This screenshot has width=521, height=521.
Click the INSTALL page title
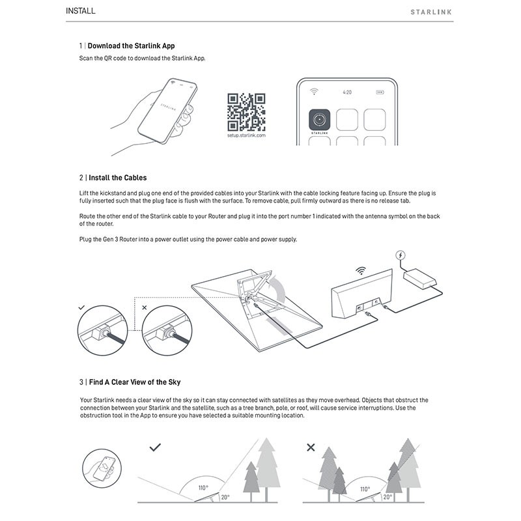[x=81, y=11]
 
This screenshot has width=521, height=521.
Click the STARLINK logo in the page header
[x=431, y=12]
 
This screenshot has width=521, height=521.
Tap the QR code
[x=246, y=113]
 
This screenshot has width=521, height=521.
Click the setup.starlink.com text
[x=246, y=135]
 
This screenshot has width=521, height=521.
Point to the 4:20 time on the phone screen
[x=347, y=92]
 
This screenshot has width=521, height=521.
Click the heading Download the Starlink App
[x=131, y=46]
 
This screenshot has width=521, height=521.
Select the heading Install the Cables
[x=117, y=177]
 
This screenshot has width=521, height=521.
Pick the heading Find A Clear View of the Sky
[x=134, y=382]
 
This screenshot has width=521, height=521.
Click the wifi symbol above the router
[x=360, y=270]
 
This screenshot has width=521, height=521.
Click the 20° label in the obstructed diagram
[x=388, y=496]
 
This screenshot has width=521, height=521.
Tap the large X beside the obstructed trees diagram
[x=311, y=448]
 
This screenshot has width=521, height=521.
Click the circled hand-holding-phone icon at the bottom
[x=104, y=469]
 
